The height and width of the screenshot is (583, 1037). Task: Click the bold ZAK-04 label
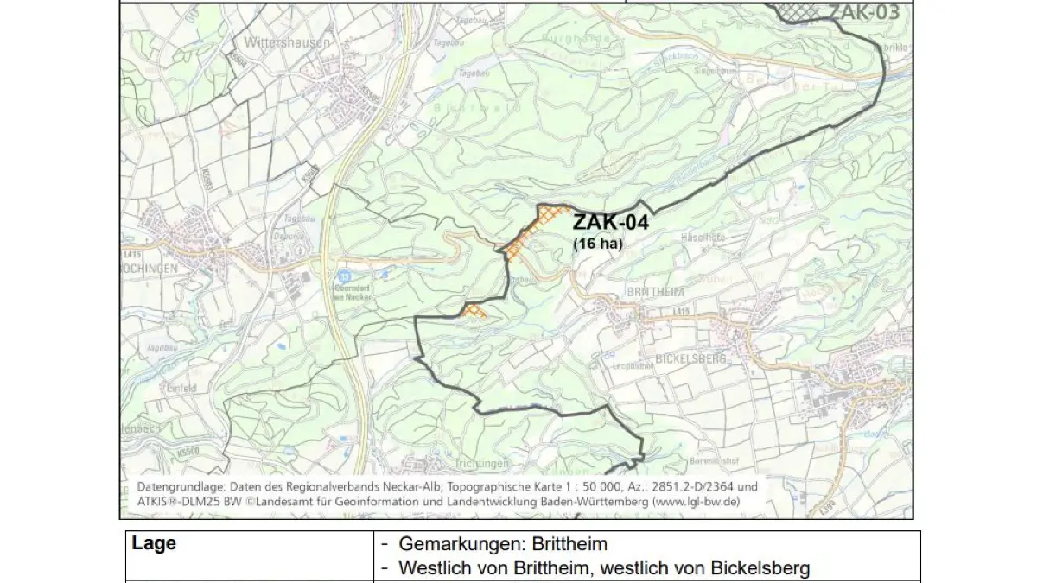[610, 223]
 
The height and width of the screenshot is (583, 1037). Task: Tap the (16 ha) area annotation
[597, 244]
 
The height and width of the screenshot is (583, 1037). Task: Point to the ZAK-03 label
[864, 11]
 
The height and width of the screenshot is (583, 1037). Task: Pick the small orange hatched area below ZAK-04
[474, 310]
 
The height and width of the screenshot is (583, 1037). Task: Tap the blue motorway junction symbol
[342, 276]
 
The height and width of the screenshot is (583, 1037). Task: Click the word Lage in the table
[154, 544]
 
